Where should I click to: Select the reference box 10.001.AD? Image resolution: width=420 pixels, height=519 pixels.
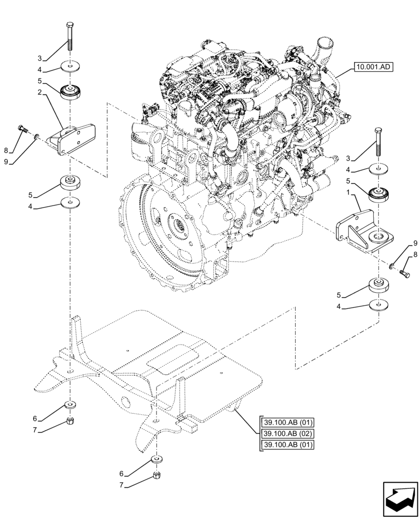[x=372, y=67]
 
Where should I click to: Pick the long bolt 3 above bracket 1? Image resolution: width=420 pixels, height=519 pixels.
[x=378, y=143]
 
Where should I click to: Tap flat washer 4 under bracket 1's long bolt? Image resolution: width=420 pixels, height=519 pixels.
[x=378, y=169]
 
